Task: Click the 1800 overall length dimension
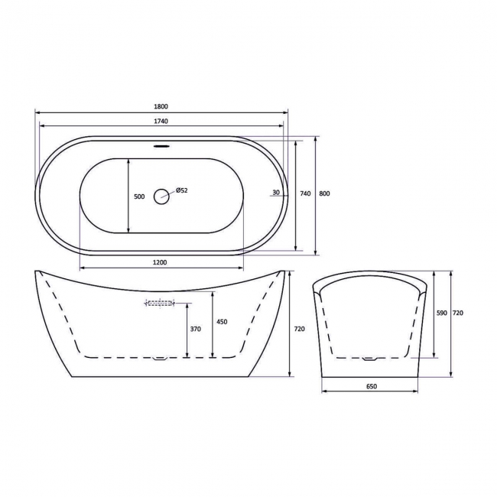pyautogui.click(x=161, y=106)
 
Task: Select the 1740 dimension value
pyautogui.click(x=161, y=121)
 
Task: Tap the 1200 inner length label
pyautogui.click(x=160, y=262)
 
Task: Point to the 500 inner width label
pyautogui.click(x=139, y=197)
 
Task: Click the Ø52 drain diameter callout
pyautogui.click(x=182, y=190)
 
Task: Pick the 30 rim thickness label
pyautogui.click(x=276, y=193)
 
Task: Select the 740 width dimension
pyautogui.click(x=305, y=193)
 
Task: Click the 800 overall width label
pyautogui.click(x=324, y=193)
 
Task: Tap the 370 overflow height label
pyautogui.click(x=196, y=329)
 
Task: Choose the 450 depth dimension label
pyautogui.click(x=222, y=322)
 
